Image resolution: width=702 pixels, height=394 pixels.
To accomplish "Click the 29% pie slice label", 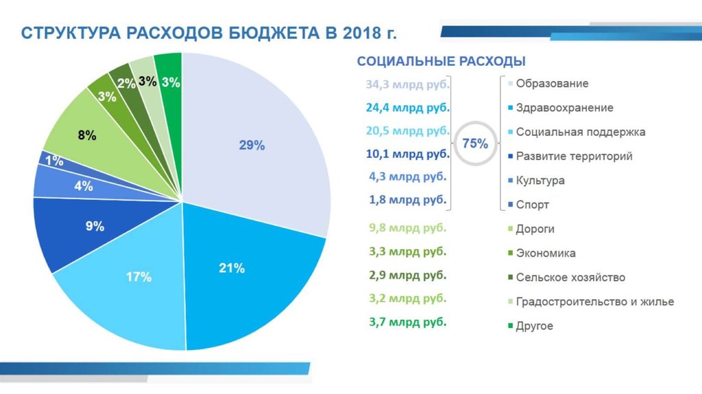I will (252, 146).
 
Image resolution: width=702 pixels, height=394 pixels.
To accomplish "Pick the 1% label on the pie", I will (55, 162).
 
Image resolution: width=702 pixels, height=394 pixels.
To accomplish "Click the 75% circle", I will (475, 144).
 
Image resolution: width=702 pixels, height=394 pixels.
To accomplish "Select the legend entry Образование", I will (552, 84).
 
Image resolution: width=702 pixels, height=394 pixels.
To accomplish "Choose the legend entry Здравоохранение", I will (564, 108).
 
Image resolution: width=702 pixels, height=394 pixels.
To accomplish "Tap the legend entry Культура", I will (540, 181).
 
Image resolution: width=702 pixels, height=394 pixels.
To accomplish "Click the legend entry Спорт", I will (532, 205).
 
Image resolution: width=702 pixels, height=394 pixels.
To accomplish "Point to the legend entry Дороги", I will (535, 229).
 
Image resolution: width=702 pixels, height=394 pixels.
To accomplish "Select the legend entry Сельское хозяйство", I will (570, 277).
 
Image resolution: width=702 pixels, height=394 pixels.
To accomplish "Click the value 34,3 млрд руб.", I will (407, 84).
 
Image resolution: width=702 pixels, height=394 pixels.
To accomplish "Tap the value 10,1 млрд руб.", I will (407, 153).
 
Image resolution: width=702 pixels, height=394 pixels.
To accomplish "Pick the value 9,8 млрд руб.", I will (407, 228).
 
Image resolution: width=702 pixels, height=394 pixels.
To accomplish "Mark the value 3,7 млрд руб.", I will (407, 321).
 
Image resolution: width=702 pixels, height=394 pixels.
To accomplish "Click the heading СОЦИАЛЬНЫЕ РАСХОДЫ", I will (441, 62).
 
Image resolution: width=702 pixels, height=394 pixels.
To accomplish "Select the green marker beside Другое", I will (510, 326).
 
